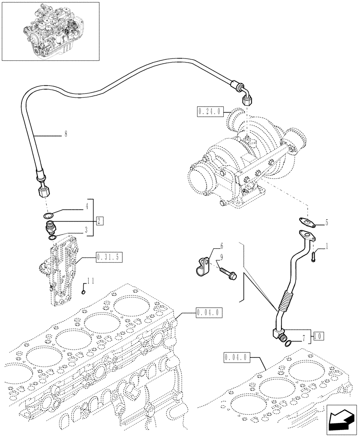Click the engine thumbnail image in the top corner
pos(50,31)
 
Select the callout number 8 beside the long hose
pos(66,135)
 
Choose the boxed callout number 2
pos(100,221)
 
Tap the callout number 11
pos(90,280)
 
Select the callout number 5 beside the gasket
pos(326,223)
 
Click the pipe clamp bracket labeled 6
pos(202,265)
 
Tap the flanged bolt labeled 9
pos(227,273)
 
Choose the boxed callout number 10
pos(318,336)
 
